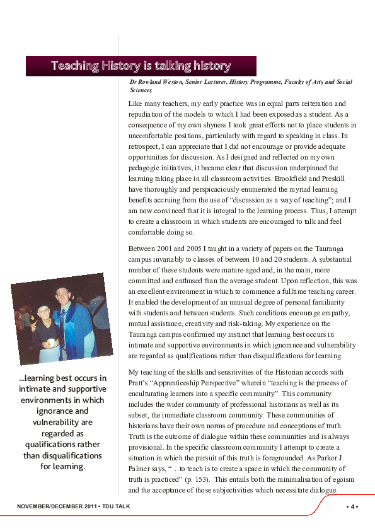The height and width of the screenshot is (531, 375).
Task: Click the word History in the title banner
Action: tap(122, 66)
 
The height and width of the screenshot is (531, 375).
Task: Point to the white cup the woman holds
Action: tap(50, 342)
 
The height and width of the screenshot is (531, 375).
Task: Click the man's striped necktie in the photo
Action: tap(62, 318)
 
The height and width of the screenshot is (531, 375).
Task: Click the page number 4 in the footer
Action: tap(352, 506)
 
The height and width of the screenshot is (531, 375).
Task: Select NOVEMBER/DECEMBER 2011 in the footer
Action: tap(56, 506)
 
